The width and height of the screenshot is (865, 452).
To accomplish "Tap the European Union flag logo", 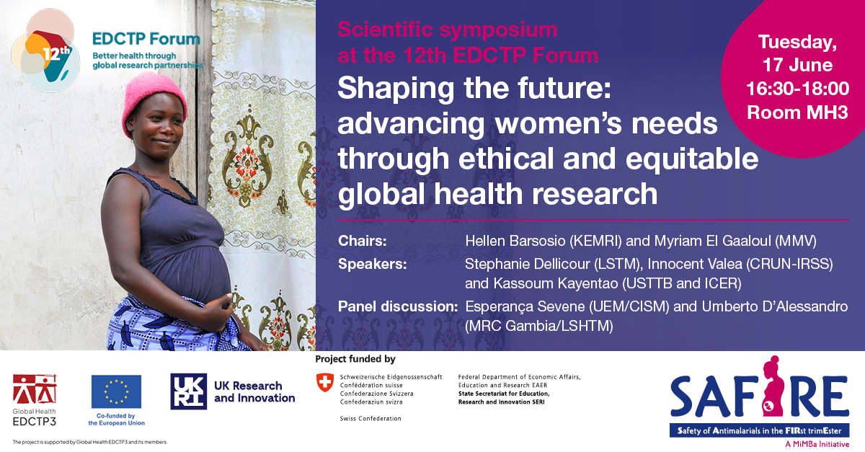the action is [116, 391].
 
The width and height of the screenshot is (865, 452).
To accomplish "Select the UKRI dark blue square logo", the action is [188, 391].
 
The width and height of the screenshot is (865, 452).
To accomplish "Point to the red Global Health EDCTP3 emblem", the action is [35, 389].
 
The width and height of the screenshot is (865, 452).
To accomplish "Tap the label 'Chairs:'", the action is [362, 241].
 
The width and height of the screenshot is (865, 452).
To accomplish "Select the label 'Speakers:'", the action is [372, 264].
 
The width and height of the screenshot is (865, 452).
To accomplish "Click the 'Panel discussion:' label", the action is [398, 306].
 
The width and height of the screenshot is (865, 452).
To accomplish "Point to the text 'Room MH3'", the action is [797, 112].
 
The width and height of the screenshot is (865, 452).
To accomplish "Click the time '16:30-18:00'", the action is [798, 89].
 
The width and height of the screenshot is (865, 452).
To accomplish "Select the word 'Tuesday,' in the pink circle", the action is [798, 43].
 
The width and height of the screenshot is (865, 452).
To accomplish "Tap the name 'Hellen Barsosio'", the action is [515, 241].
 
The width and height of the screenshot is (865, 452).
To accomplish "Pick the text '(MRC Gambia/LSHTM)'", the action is [539, 326].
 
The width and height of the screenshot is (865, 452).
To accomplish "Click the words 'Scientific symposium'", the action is [447, 30].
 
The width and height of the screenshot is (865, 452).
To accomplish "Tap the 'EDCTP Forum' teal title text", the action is [146, 39].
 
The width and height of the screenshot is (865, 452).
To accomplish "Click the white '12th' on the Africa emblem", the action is [56, 53].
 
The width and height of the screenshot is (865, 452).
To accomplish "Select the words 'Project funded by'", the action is [355, 359].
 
